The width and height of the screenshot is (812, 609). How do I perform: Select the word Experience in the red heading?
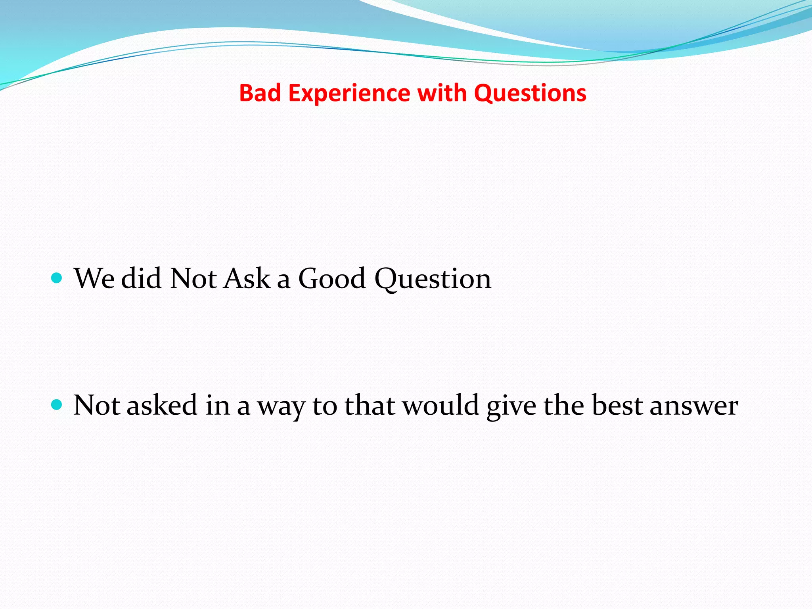[349, 94]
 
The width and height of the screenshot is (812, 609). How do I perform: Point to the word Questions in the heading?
[530, 94]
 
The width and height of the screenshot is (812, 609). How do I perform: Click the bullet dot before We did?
[57, 278]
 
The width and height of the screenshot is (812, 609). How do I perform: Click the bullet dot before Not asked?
[57, 405]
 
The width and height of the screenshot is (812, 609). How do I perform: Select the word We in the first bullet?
[94, 279]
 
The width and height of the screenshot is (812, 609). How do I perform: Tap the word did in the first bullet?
[141, 279]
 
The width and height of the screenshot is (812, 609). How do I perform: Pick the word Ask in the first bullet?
[247, 279]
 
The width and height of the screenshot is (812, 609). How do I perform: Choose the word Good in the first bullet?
[331, 279]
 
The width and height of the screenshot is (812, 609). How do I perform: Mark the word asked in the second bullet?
[162, 406]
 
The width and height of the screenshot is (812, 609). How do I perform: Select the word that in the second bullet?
[370, 406]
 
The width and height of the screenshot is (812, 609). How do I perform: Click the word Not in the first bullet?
[193, 279]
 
